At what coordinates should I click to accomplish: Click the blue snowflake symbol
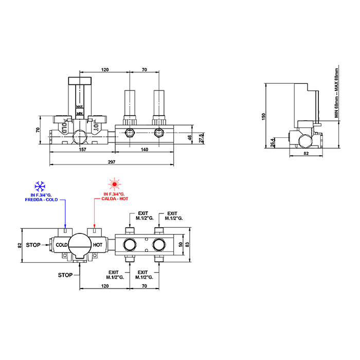[x=39, y=185]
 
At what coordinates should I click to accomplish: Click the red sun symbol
[x=114, y=184]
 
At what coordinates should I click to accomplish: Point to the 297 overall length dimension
[x=112, y=162]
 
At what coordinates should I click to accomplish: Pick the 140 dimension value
[x=145, y=150]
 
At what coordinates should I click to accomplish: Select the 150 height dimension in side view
[x=264, y=117]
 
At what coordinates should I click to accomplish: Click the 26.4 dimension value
[x=273, y=141]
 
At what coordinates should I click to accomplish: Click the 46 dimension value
[x=190, y=138]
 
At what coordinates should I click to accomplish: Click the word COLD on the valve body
[x=62, y=245]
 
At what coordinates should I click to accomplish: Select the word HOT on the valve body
[x=98, y=245]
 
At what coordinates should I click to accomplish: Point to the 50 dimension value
[x=181, y=244]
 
